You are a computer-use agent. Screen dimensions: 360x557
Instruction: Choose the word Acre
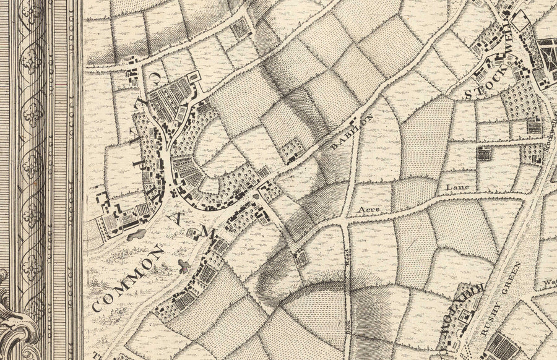click(369, 212)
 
